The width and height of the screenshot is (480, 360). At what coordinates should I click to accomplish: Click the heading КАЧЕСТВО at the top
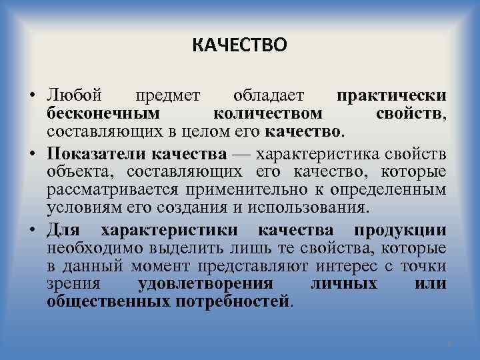(239, 45)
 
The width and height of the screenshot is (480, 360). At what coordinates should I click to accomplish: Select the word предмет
(169, 96)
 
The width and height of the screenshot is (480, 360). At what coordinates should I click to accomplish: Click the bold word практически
(391, 96)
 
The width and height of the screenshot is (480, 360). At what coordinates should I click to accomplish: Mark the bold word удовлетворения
(205, 283)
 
